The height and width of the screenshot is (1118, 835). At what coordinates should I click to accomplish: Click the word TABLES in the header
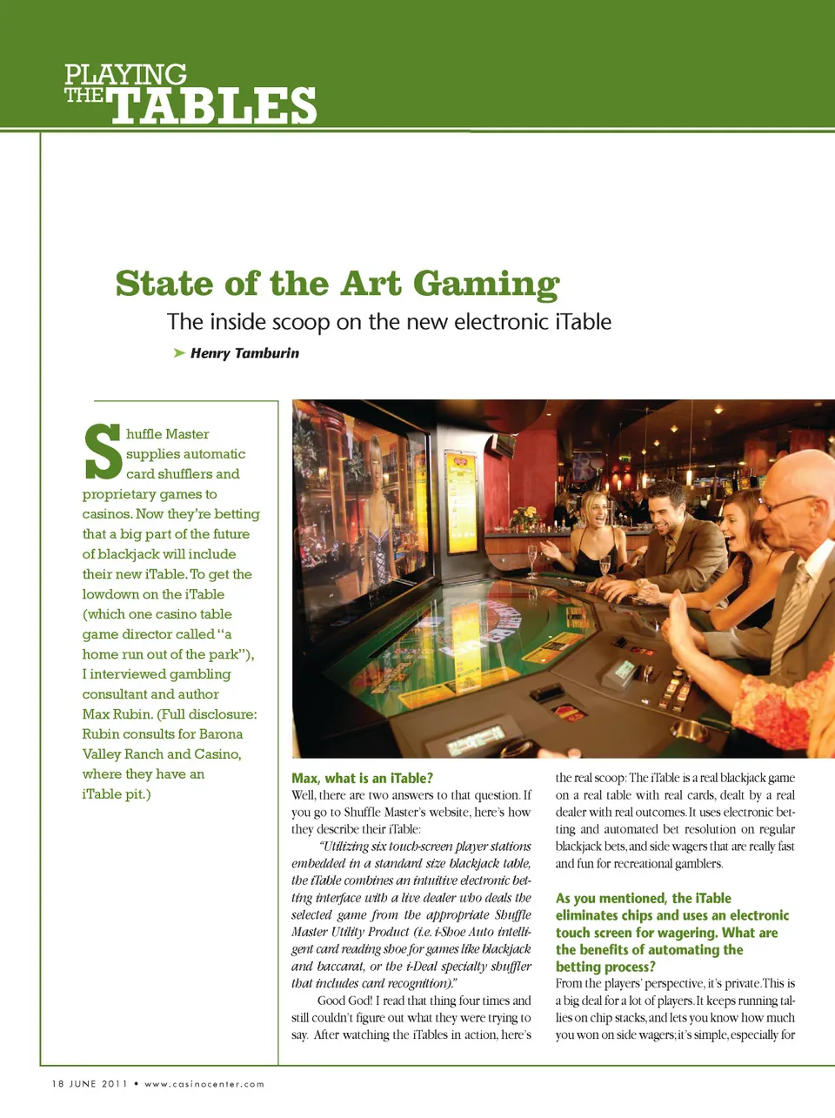tap(213, 106)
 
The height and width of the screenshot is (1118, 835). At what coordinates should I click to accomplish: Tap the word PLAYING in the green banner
tap(125, 75)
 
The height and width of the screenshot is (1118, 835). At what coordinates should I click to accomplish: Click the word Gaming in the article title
tap(486, 285)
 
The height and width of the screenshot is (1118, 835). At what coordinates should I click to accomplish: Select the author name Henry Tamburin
tap(244, 353)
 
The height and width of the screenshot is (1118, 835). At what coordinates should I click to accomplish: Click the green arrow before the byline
tap(179, 352)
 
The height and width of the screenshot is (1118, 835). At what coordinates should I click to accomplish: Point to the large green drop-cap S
tap(103, 452)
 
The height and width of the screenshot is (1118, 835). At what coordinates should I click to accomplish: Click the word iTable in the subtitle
tap(583, 322)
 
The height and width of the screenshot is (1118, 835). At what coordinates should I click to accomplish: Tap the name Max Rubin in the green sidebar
tap(117, 714)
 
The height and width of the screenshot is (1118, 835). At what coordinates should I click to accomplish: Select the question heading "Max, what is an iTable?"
tap(362, 778)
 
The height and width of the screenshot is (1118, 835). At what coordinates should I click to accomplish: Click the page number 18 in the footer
tap(57, 1084)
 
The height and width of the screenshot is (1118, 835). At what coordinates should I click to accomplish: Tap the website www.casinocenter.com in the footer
tap(204, 1084)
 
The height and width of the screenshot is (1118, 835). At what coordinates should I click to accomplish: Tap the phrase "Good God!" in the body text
tap(345, 1001)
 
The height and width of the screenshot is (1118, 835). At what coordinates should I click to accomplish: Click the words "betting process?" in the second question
tap(605, 967)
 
